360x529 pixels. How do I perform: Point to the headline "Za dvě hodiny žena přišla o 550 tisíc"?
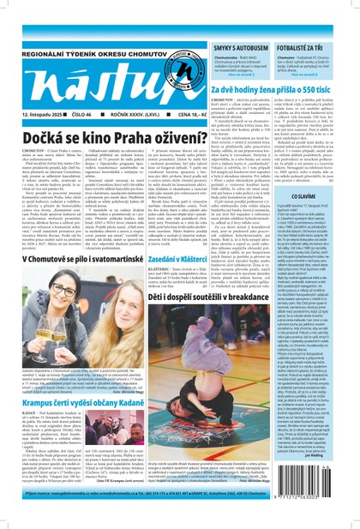click(283, 88)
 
